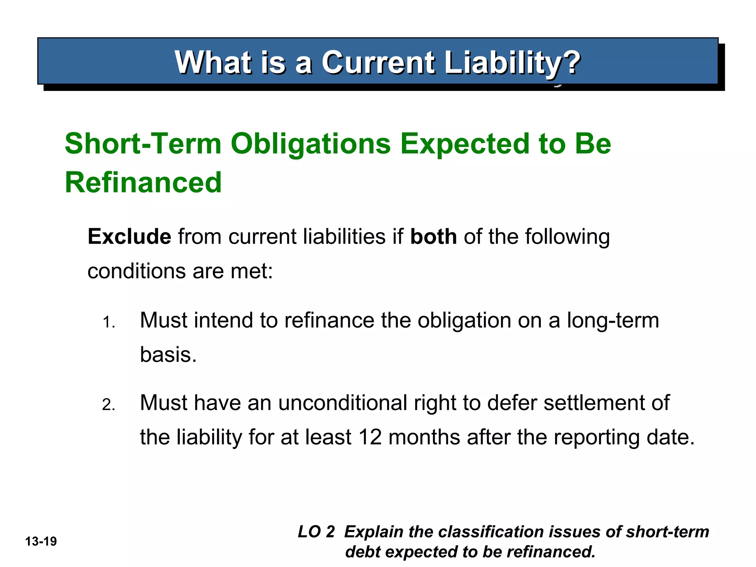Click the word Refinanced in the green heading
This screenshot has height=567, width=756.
click(x=143, y=182)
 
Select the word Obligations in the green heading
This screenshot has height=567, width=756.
click(x=310, y=144)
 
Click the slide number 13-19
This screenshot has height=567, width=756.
click(x=41, y=542)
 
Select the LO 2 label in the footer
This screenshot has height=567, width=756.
click(x=316, y=532)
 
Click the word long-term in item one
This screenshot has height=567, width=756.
click(x=613, y=320)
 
